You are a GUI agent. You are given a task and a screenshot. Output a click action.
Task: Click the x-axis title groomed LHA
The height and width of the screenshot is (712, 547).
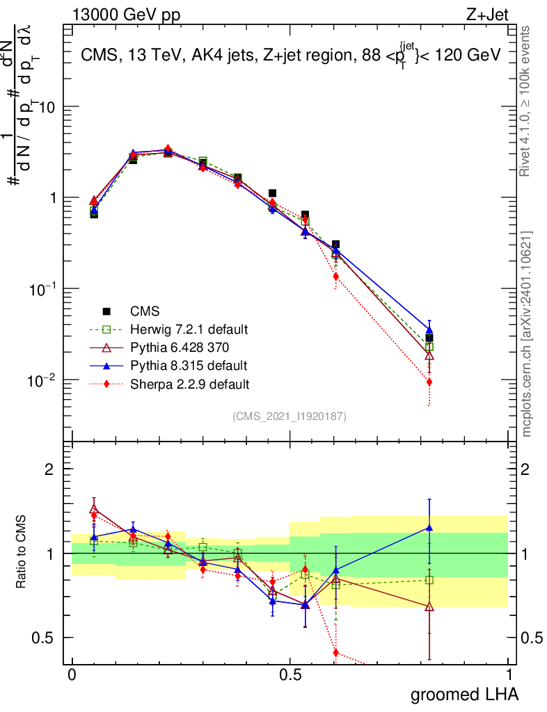(464, 695)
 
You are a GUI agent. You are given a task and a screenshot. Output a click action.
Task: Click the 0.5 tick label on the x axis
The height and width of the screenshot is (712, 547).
(290, 674)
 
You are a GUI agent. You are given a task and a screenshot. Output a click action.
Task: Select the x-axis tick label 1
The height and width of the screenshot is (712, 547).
(509, 674)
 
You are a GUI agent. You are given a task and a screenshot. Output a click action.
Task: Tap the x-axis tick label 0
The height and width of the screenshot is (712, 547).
(71, 674)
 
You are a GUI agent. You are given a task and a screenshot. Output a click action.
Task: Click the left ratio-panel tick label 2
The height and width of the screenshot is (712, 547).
(49, 469)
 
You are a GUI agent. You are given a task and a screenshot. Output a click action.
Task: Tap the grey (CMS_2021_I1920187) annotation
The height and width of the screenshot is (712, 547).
(290, 416)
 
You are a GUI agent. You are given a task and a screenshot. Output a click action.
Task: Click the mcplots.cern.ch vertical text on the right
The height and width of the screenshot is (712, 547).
(527, 334)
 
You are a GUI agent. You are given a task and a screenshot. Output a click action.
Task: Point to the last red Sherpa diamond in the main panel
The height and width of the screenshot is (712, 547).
(429, 382)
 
